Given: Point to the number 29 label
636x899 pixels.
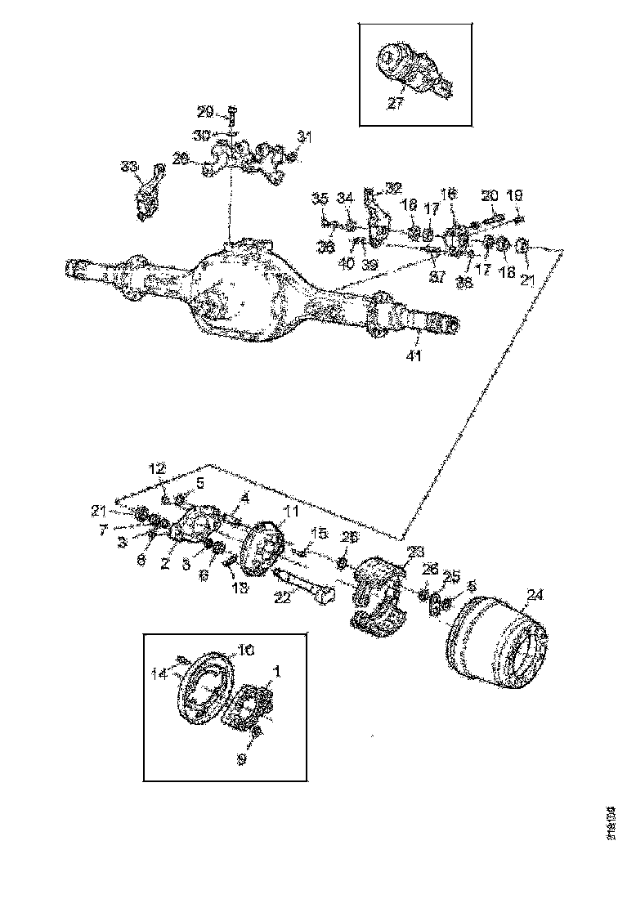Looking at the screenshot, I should [205, 111].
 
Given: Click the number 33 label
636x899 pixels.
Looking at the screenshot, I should [129, 167].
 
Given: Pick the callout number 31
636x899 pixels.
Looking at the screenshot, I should [304, 137].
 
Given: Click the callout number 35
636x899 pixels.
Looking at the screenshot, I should [320, 199].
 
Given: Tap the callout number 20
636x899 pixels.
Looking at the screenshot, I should [489, 195].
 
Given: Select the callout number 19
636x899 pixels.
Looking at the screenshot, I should [517, 196].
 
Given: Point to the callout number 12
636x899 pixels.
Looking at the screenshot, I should [157, 469].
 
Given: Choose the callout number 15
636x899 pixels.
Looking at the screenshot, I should [320, 533].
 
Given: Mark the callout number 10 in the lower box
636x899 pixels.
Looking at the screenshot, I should [246, 651].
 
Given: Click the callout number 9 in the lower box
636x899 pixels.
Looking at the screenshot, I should [241, 759].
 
